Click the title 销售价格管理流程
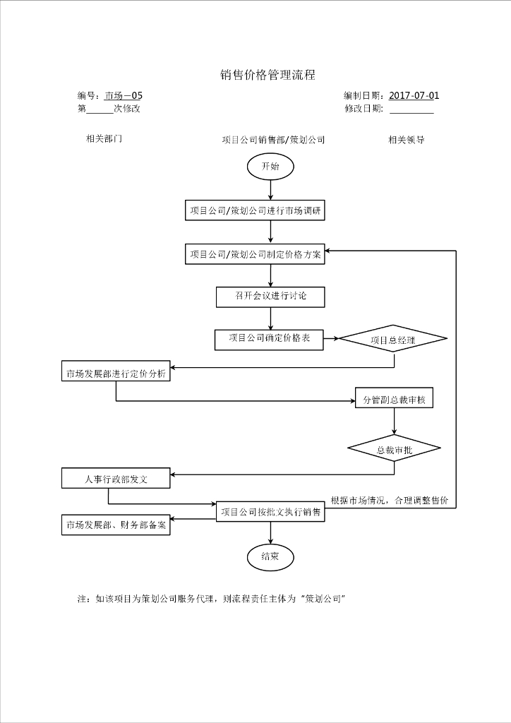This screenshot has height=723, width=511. (x=267, y=76)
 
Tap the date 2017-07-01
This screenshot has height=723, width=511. (x=414, y=95)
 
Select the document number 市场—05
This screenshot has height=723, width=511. (x=124, y=95)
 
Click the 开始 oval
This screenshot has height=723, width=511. (x=270, y=167)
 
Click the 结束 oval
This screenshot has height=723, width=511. (x=270, y=556)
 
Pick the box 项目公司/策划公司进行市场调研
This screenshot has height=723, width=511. (x=255, y=210)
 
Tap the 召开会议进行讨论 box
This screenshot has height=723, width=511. (x=270, y=297)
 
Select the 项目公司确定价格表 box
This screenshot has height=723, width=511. (x=269, y=339)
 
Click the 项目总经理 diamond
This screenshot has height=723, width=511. (x=393, y=340)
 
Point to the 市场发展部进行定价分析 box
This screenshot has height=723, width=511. (x=116, y=374)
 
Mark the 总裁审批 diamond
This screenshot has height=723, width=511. (x=394, y=449)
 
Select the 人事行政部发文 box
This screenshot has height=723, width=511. (x=116, y=479)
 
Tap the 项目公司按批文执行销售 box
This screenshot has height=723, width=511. (x=270, y=512)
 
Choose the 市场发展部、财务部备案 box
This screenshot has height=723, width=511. (x=116, y=525)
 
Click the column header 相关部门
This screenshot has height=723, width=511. (x=104, y=138)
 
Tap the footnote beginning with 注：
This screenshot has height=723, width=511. (x=210, y=598)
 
